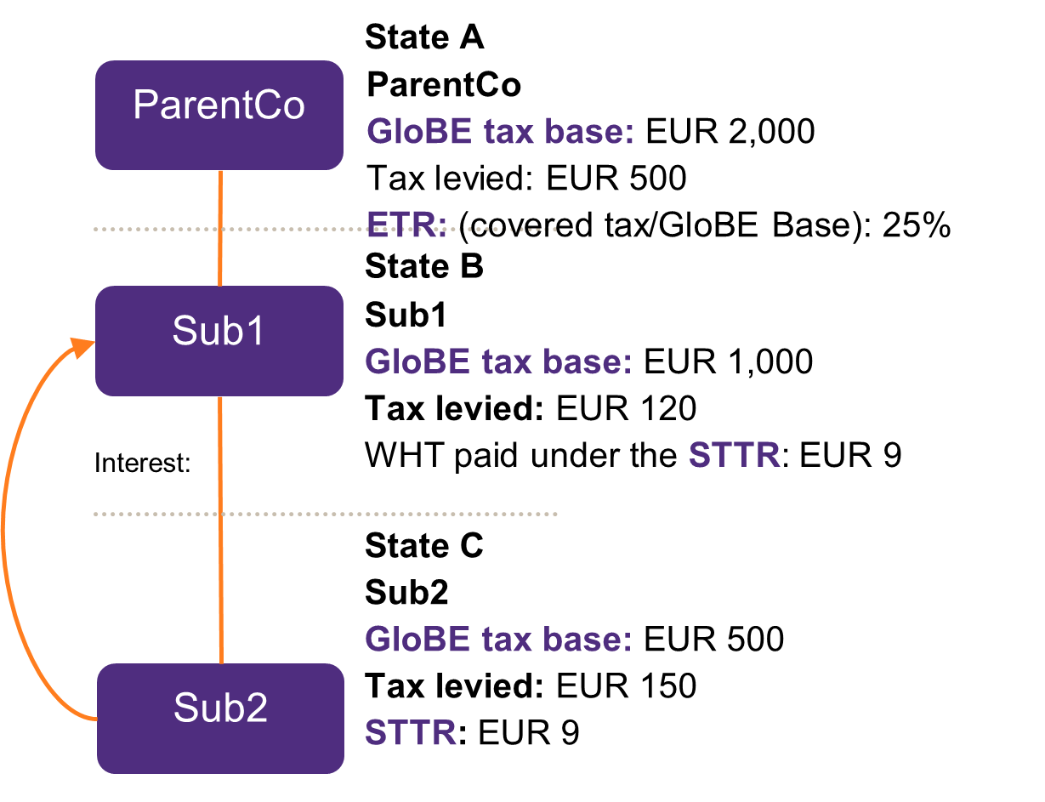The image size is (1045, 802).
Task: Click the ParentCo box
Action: [x=219, y=115]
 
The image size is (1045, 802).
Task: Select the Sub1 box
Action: [x=219, y=340]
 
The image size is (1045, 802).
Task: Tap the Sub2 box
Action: [x=220, y=718]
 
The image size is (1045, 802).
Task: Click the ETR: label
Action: [x=406, y=225]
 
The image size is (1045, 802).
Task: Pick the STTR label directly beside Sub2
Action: [x=411, y=733]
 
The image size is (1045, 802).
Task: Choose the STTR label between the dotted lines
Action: [x=734, y=455]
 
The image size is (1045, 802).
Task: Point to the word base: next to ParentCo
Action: [x=593, y=133]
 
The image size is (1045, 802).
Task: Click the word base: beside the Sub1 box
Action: [x=591, y=362]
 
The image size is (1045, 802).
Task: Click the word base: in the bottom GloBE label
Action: [x=591, y=639]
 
